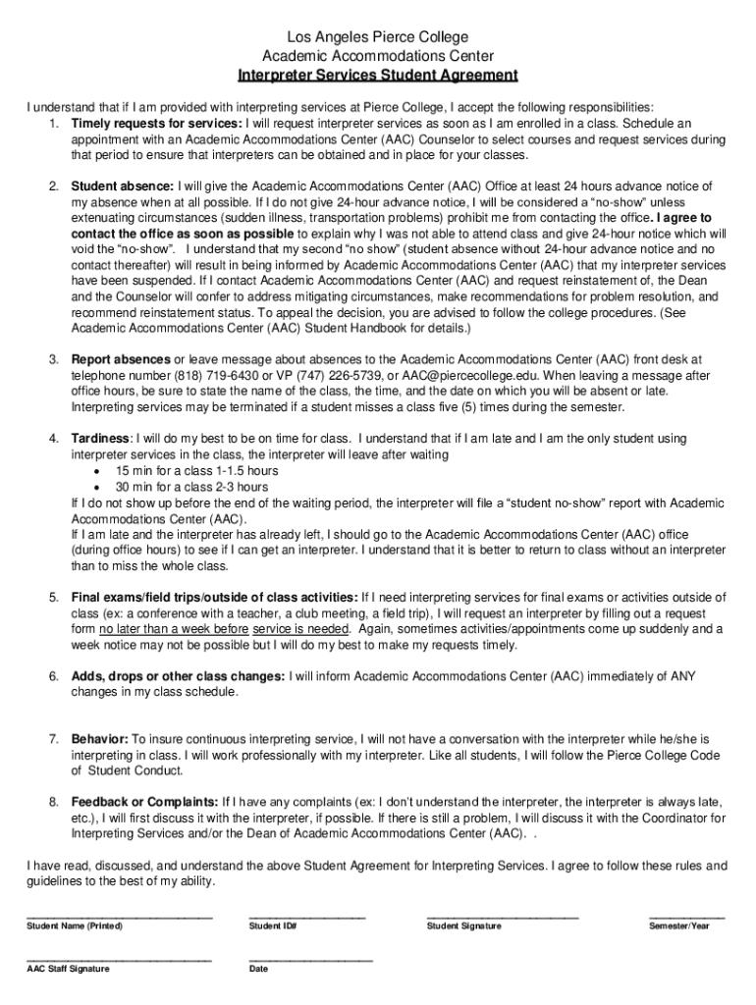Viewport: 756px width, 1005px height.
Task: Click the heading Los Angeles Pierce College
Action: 378,37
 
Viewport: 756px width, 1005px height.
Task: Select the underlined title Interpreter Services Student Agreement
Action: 378,76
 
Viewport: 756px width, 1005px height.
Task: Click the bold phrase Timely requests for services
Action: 156,124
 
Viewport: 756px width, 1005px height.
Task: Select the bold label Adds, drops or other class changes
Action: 178,676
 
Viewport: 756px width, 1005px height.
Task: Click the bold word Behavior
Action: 100,737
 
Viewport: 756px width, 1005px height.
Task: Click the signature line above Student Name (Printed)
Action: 119,916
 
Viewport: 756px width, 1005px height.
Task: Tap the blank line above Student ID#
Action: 307,916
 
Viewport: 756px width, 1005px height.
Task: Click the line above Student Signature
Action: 502,916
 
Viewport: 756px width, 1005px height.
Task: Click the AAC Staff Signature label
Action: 68,969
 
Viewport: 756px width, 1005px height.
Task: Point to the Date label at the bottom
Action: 258,969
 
